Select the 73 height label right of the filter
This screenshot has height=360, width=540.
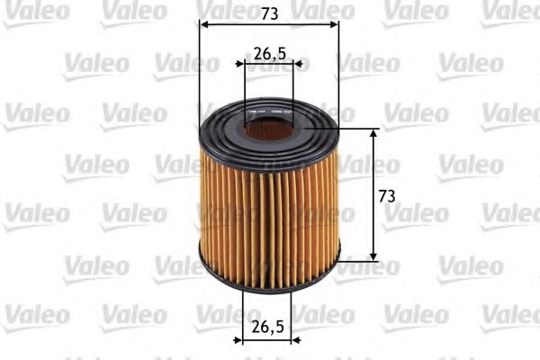[387, 195]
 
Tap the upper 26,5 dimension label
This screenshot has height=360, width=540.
[269, 54]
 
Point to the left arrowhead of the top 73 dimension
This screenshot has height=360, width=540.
[202, 25]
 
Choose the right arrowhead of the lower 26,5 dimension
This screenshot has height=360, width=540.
[295, 341]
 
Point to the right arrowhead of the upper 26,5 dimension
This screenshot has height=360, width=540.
[296, 64]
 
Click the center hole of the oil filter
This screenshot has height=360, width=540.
[267, 130]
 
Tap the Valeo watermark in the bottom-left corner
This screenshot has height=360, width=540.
[36, 314]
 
